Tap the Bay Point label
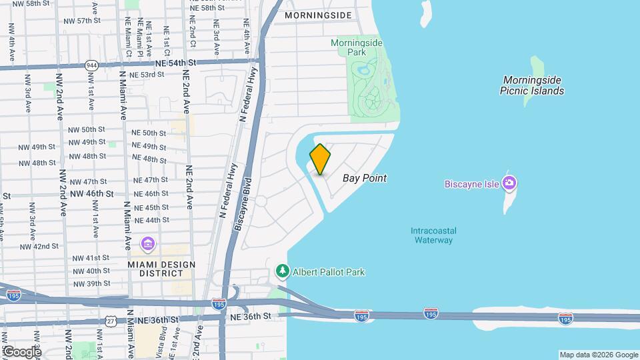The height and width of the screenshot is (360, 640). [365, 179]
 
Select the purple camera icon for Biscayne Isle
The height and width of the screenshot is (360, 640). [511, 183]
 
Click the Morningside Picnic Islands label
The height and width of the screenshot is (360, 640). [531, 85]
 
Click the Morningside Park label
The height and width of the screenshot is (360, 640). [357, 47]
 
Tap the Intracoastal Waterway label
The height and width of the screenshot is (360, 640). [433, 235]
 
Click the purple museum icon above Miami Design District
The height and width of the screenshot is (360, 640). [147, 245]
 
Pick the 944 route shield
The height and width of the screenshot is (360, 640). [91, 65]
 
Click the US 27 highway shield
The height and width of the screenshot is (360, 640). [111, 321]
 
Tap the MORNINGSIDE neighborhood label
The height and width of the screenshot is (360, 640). [317, 15]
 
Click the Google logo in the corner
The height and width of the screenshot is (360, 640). [22, 351]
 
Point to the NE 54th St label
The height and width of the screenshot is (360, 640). [176, 62]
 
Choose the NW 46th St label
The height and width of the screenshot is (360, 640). [92, 193]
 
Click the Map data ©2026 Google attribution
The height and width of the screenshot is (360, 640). [599, 355]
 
